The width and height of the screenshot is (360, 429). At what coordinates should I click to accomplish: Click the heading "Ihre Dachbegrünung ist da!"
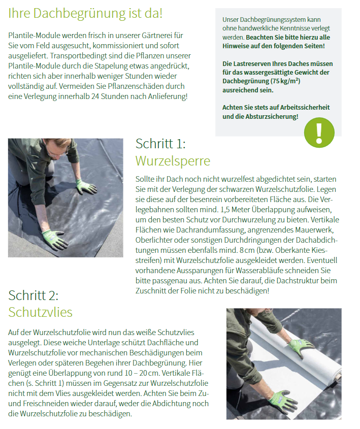(x=85, y=13)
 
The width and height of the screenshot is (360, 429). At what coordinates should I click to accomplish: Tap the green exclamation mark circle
(x=319, y=132)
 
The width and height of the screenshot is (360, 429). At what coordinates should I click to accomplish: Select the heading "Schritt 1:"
(x=160, y=144)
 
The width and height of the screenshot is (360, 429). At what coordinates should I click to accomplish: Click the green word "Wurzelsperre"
(x=173, y=161)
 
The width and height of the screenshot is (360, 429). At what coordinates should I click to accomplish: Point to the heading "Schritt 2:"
(x=34, y=295)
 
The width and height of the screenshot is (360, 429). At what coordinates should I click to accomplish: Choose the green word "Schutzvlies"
(x=40, y=312)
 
